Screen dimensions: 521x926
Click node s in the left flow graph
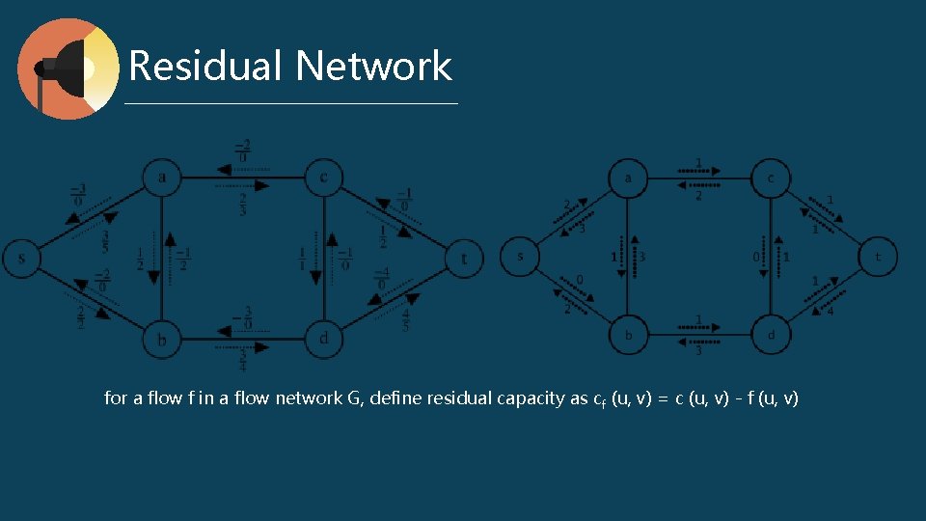(x=21, y=259)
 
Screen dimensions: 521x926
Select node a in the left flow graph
(x=162, y=177)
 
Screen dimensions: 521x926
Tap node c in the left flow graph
(x=323, y=177)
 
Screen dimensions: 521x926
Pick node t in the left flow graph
(x=465, y=259)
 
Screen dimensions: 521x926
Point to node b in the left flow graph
(x=162, y=339)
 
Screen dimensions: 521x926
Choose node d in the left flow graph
(x=323, y=339)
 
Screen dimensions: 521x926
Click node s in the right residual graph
(x=521, y=257)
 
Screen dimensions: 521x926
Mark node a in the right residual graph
(x=628, y=178)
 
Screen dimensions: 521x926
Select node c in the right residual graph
(x=770, y=178)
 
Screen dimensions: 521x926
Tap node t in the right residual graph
(x=878, y=257)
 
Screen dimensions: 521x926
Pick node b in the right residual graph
(x=628, y=336)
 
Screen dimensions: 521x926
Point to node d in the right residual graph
(x=770, y=336)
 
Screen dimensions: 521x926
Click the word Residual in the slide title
(x=205, y=67)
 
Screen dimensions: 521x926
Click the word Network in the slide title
(x=374, y=67)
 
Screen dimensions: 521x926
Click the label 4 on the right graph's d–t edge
(x=830, y=310)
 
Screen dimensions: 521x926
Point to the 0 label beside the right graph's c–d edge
(x=755, y=258)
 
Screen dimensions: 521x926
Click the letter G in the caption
(x=353, y=398)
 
